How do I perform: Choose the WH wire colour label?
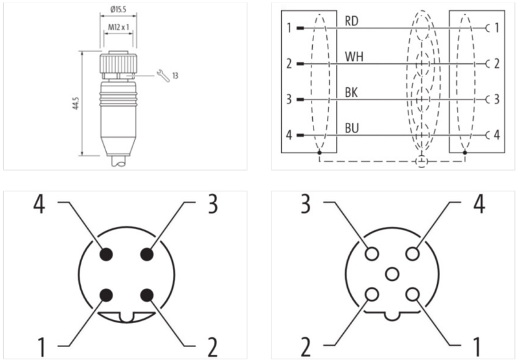(x=353, y=58)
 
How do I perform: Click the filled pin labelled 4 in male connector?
(x=107, y=254)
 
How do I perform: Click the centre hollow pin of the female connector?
(x=390, y=275)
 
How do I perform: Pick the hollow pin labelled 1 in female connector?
(x=411, y=295)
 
